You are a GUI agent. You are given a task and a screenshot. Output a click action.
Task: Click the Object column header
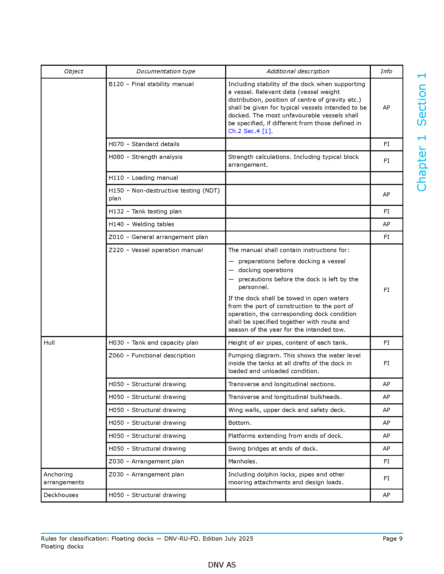point(73,71)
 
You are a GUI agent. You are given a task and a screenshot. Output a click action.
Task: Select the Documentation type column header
point(165,71)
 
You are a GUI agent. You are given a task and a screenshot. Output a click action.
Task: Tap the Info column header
point(386,71)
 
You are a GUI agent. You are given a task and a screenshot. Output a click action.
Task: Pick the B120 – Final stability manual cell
point(151,84)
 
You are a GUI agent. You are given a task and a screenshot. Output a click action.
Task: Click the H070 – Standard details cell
point(144,144)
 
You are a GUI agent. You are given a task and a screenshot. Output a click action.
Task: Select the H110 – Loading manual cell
point(143,178)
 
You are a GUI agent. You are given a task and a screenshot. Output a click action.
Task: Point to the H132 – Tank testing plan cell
point(145,211)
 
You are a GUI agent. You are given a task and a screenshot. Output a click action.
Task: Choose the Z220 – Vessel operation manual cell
point(155,250)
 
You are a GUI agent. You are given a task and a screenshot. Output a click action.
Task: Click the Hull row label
point(49,343)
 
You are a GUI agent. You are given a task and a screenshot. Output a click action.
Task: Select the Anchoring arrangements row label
point(64,478)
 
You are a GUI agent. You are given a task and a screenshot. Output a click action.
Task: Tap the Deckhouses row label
point(61,495)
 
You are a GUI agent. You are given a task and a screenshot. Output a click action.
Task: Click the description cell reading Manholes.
point(243,461)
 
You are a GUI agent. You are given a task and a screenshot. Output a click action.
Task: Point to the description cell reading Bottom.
point(239,423)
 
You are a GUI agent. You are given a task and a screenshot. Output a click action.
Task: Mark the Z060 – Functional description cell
point(152,355)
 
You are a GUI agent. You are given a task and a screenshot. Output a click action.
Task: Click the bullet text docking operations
point(266,270)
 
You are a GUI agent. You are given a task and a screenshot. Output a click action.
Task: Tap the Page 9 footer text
point(393,539)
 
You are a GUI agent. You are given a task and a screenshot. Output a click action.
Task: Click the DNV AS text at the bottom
point(222,565)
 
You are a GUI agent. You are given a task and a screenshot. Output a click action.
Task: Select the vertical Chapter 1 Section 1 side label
point(421,132)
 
